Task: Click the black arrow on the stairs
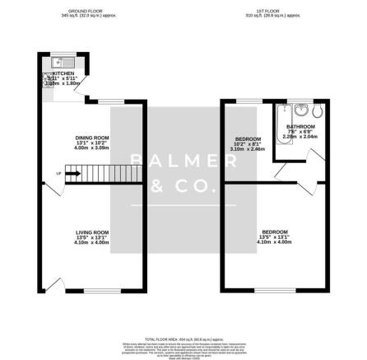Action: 72,173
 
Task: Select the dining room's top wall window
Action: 108,101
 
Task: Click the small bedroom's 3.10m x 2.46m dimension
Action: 248,148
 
